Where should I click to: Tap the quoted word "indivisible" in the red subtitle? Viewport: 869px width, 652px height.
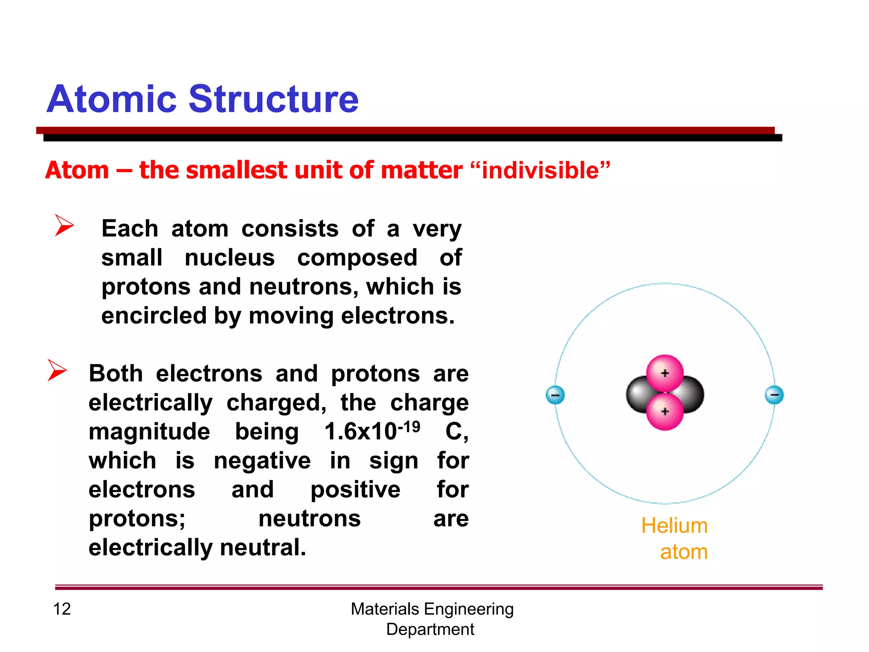pos(540,170)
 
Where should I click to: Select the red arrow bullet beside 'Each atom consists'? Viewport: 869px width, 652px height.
pos(64,225)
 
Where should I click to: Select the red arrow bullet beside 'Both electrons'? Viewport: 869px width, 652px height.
pos(57,370)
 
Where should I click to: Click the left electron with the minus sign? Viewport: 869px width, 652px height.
pos(555,395)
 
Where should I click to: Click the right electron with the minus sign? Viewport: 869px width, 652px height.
pos(774,395)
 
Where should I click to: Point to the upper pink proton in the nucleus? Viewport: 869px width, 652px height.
pos(665,373)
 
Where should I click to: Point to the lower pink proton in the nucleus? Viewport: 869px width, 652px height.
pos(665,411)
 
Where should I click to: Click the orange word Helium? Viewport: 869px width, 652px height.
pos(674,526)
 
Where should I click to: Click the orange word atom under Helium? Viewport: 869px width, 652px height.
pos(684,552)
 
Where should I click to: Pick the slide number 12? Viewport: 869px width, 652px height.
pos(62,609)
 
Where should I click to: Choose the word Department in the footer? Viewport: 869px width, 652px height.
pos(430,629)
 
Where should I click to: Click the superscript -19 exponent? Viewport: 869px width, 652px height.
pos(409,426)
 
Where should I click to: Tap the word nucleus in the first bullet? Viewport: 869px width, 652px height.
pos(230,258)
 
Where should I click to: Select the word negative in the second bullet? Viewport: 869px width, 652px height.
pos(262,461)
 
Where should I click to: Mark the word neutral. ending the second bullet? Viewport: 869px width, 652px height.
pos(263,547)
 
